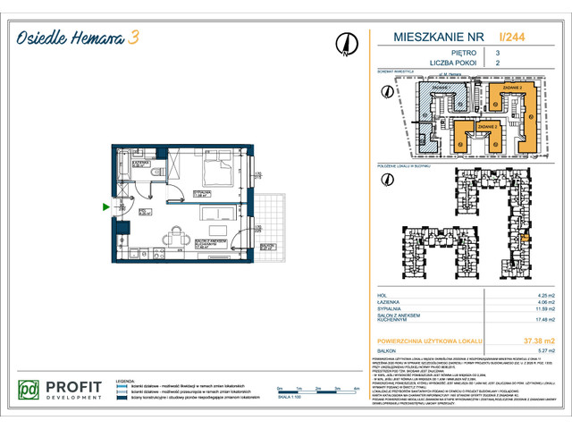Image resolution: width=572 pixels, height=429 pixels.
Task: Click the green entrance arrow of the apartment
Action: point(106,207)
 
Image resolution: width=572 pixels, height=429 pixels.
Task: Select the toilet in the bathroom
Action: point(154,175)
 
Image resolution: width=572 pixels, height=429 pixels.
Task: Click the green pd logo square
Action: point(29,390)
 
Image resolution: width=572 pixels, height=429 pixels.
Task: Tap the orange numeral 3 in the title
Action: point(133,36)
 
